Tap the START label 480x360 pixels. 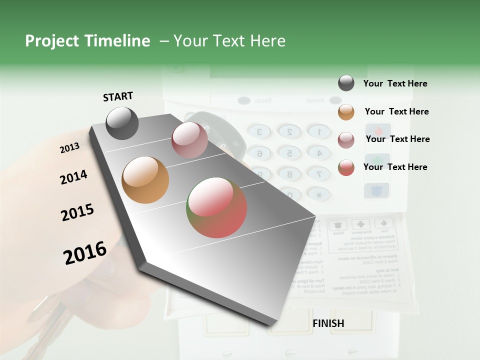pos(118,96)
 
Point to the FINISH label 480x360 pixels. pos(328,323)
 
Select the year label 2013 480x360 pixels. pos(69,148)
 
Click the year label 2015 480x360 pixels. pos(77,213)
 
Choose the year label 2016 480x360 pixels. pos(85,253)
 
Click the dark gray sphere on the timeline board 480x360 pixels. pos(122,123)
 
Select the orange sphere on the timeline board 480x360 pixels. pos(145,180)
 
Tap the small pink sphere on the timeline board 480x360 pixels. pos(189,140)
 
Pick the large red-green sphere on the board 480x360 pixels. pos(217,207)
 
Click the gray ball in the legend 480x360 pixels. pos(346,83)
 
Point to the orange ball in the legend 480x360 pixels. pos(346,112)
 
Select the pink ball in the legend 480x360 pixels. pos(346,140)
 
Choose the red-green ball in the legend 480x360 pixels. pos(346,167)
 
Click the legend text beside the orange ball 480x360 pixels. pos(396,111)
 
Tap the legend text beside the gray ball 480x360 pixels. pos(395,83)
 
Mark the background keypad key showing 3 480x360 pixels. pos(259,132)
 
